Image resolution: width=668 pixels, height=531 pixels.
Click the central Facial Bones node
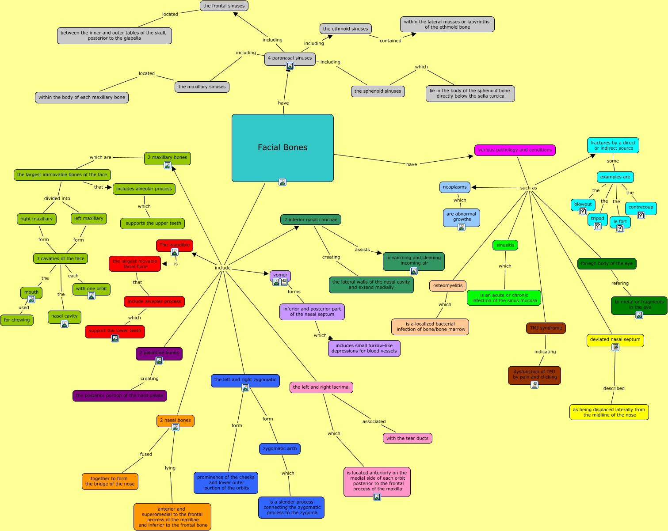(x=282, y=148)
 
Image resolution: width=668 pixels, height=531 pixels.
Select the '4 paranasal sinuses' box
(x=290, y=58)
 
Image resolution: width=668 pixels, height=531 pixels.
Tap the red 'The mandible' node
(x=175, y=245)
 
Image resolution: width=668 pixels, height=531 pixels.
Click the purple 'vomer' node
(x=280, y=275)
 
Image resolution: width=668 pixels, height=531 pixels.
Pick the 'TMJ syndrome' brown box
(x=546, y=328)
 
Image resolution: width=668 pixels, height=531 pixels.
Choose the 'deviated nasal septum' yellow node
(x=615, y=339)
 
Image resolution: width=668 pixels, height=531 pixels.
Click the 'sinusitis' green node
(x=505, y=245)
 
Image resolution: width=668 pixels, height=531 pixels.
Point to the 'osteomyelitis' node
(x=447, y=285)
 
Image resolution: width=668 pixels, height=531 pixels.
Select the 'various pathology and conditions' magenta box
(x=515, y=150)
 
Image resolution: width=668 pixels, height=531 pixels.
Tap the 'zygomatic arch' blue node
(x=280, y=448)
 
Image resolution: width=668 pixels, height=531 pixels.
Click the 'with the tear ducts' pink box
(x=407, y=438)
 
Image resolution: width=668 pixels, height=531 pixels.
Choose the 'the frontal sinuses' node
(x=224, y=6)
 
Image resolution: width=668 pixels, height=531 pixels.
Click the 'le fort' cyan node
(x=620, y=221)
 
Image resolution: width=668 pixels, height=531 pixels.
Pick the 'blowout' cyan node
(x=583, y=204)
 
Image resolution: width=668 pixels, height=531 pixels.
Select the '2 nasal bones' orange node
(x=175, y=420)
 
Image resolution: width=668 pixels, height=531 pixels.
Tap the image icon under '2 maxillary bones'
(x=168, y=165)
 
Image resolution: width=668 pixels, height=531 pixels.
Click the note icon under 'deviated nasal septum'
(x=615, y=347)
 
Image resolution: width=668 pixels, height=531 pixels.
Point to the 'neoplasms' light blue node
(x=454, y=187)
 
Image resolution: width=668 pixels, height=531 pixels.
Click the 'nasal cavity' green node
(x=64, y=316)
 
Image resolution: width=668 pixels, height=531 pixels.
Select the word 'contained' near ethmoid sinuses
(x=390, y=41)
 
